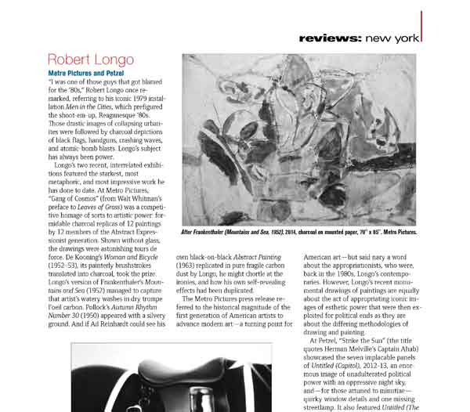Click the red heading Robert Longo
pyautogui.click(x=91, y=60)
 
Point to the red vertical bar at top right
pyautogui.click(x=421, y=27)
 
